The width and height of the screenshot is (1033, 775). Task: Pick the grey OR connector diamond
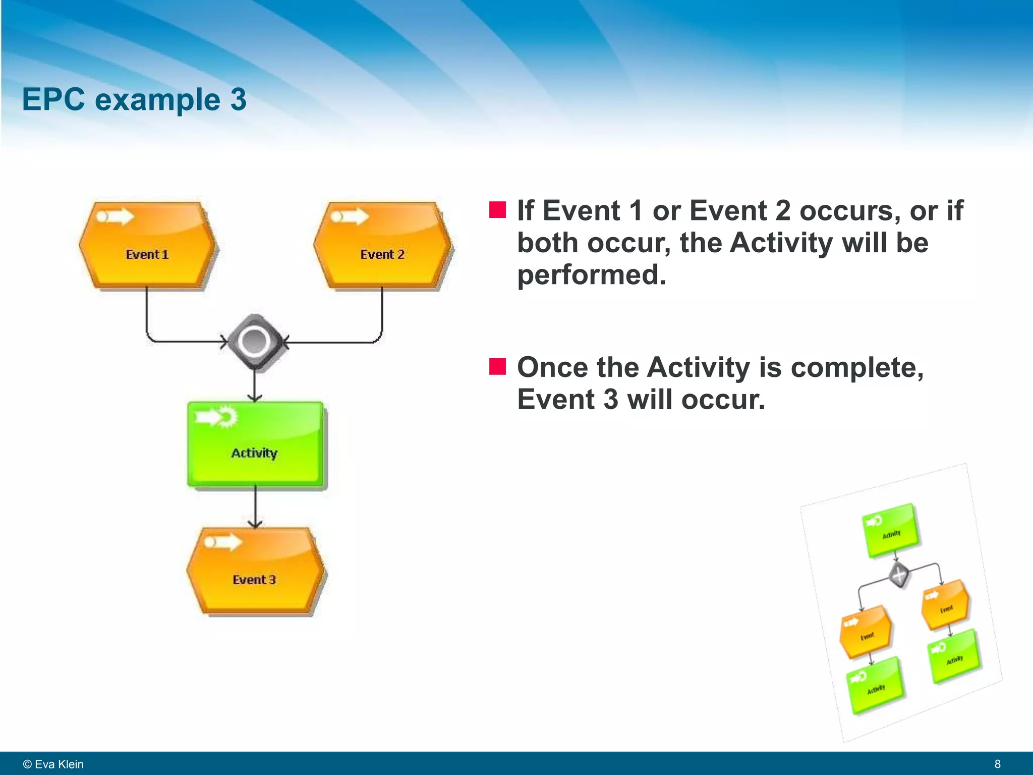tap(255, 342)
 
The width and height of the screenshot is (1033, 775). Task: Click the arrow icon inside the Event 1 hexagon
tap(115, 217)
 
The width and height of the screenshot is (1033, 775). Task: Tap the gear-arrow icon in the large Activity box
tap(217, 417)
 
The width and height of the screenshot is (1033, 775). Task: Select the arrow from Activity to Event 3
tap(255, 507)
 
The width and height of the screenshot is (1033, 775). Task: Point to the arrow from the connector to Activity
tap(255, 386)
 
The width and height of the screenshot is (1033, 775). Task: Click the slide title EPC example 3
tap(134, 99)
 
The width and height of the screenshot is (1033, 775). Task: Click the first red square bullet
tap(497, 209)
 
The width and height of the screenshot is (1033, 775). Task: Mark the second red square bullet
tap(497, 367)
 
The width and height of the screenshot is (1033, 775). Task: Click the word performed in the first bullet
tap(591, 275)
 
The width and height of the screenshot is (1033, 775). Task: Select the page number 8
tap(997, 764)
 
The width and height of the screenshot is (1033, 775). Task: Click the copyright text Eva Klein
tap(53, 764)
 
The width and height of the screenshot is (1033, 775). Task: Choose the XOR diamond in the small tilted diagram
tap(898, 575)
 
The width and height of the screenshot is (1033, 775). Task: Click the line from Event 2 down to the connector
tap(382, 313)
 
